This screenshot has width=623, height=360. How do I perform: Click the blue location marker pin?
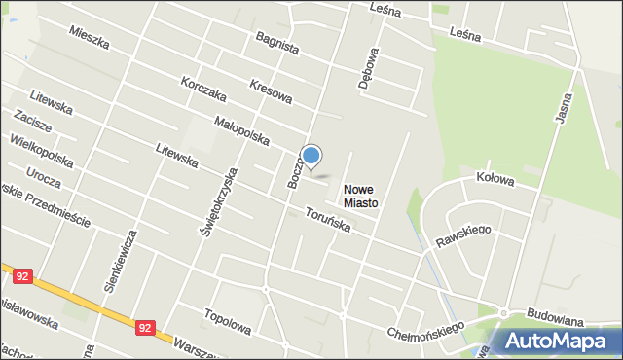click(x=311, y=156)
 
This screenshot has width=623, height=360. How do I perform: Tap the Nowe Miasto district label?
click(x=359, y=197)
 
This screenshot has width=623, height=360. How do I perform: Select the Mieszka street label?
click(x=90, y=39)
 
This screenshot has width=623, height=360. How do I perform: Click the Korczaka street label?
click(x=203, y=90)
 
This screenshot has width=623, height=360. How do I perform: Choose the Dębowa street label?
click(x=367, y=68)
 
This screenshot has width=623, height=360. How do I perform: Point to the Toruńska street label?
click(x=327, y=220)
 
